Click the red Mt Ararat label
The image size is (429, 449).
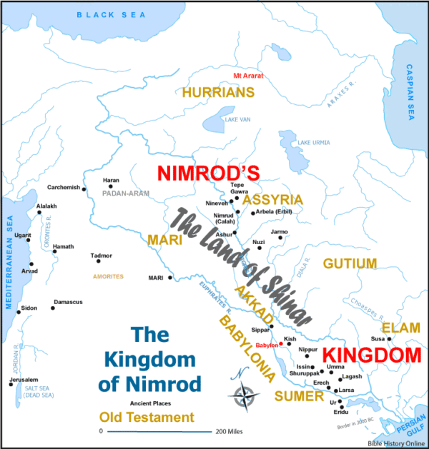click(x=244, y=76)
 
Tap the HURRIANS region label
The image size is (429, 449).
click(x=218, y=93)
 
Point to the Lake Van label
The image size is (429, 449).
click(x=237, y=119)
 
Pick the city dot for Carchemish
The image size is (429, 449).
click(x=84, y=189)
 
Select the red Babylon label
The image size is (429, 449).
click(x=266, y=344)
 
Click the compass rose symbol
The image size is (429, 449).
click(x=245, y=393)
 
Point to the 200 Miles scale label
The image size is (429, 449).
click(x=229, y=432)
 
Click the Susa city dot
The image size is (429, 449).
click(x=390, y=338)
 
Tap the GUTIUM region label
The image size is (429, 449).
click(x=350, y=264)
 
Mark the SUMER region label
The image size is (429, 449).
click(x=293, y=395)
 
